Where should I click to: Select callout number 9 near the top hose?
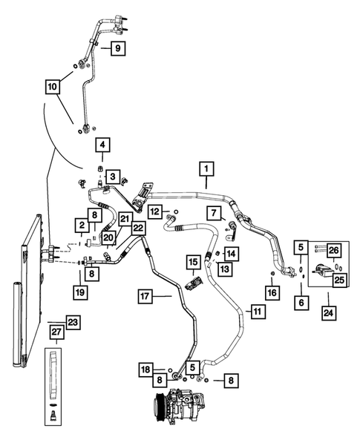point(119,49)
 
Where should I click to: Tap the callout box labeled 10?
point(53,87)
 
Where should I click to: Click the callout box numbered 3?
point(111,176)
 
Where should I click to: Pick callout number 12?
point(154,212)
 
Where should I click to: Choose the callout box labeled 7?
point(213,214)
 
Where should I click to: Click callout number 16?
point(274,293)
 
